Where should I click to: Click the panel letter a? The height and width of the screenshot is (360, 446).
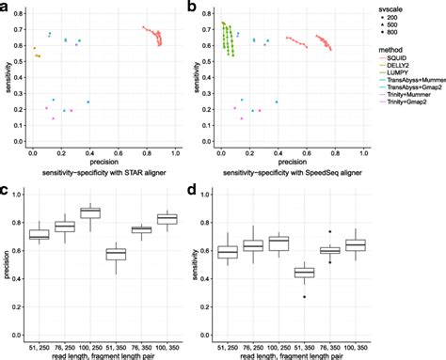point(6,8)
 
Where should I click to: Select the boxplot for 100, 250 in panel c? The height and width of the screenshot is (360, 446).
point(90,212)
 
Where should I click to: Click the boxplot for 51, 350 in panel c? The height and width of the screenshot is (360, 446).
point(116,254)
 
